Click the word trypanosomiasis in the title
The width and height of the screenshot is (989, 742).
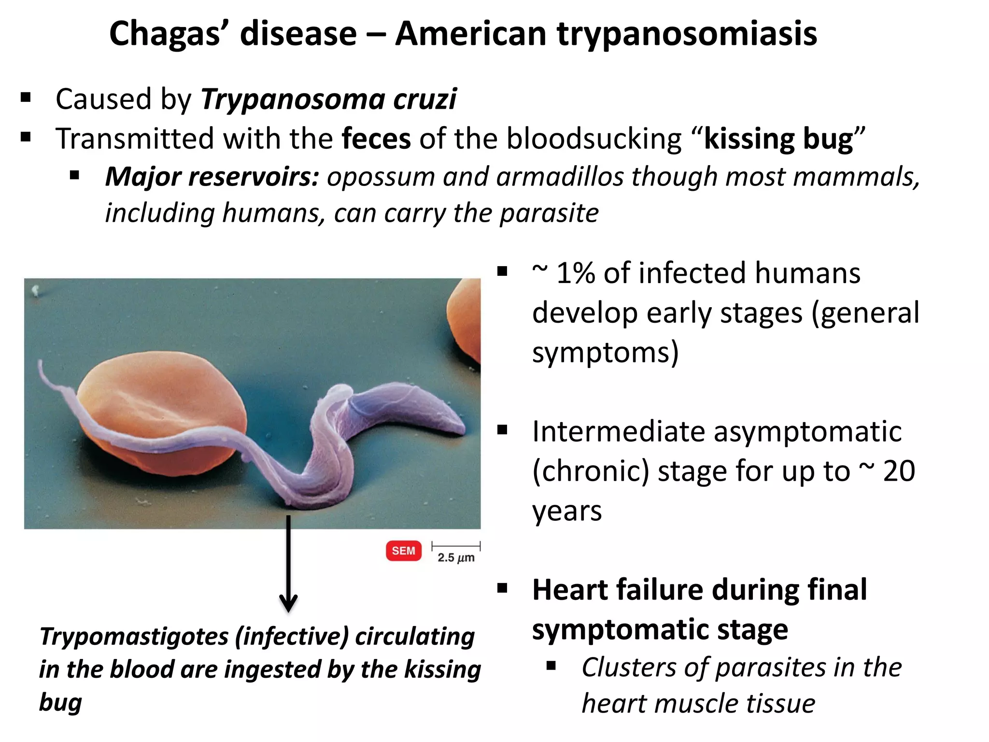coord(687,35)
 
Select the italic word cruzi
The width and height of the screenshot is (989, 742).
coord(424,100)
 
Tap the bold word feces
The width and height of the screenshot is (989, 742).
coord(376,139)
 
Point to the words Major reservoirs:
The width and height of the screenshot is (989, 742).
coord(212,177)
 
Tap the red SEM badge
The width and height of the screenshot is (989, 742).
coord(403,551)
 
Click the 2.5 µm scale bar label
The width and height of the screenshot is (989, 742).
coord(456,558)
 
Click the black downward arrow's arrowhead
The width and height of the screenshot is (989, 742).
coord(288,604)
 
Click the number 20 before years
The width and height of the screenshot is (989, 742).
coord(899,471)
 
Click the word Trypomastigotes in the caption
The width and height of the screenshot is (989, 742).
coord(134,637)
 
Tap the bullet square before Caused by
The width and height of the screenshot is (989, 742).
coord(26,98)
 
